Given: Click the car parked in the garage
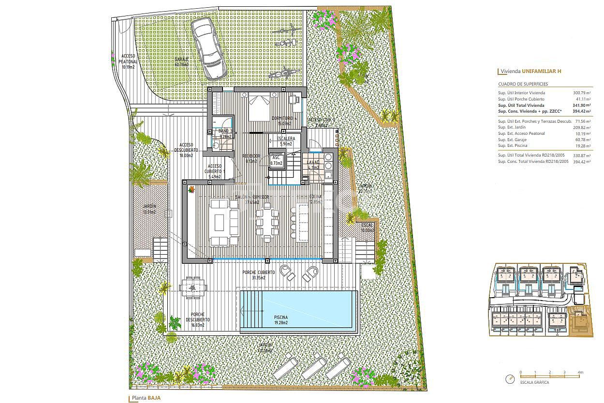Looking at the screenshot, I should coord(209,48).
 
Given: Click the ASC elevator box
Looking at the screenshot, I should coord(277,160).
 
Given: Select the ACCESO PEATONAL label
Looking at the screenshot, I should coord(128,61).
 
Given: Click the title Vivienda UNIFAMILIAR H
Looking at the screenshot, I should coord(530,72).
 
